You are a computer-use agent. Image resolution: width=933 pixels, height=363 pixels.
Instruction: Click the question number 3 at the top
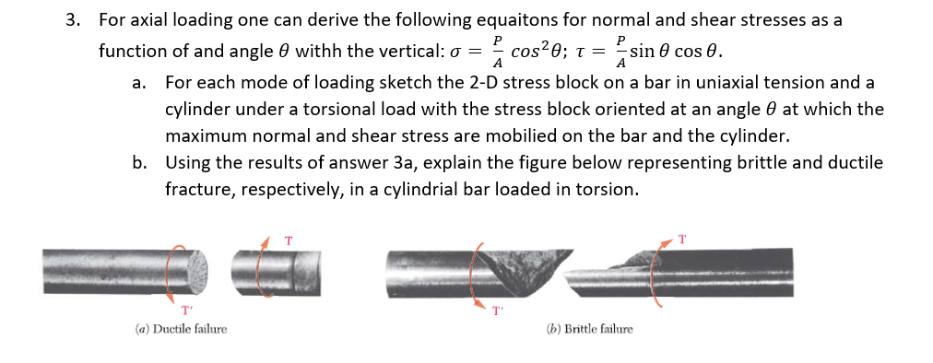tap(72, 19)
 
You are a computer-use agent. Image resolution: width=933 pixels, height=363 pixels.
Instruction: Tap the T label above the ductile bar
tap(289, 240)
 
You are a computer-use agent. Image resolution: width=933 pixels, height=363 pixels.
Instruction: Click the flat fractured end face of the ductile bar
tap(195, 268)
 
